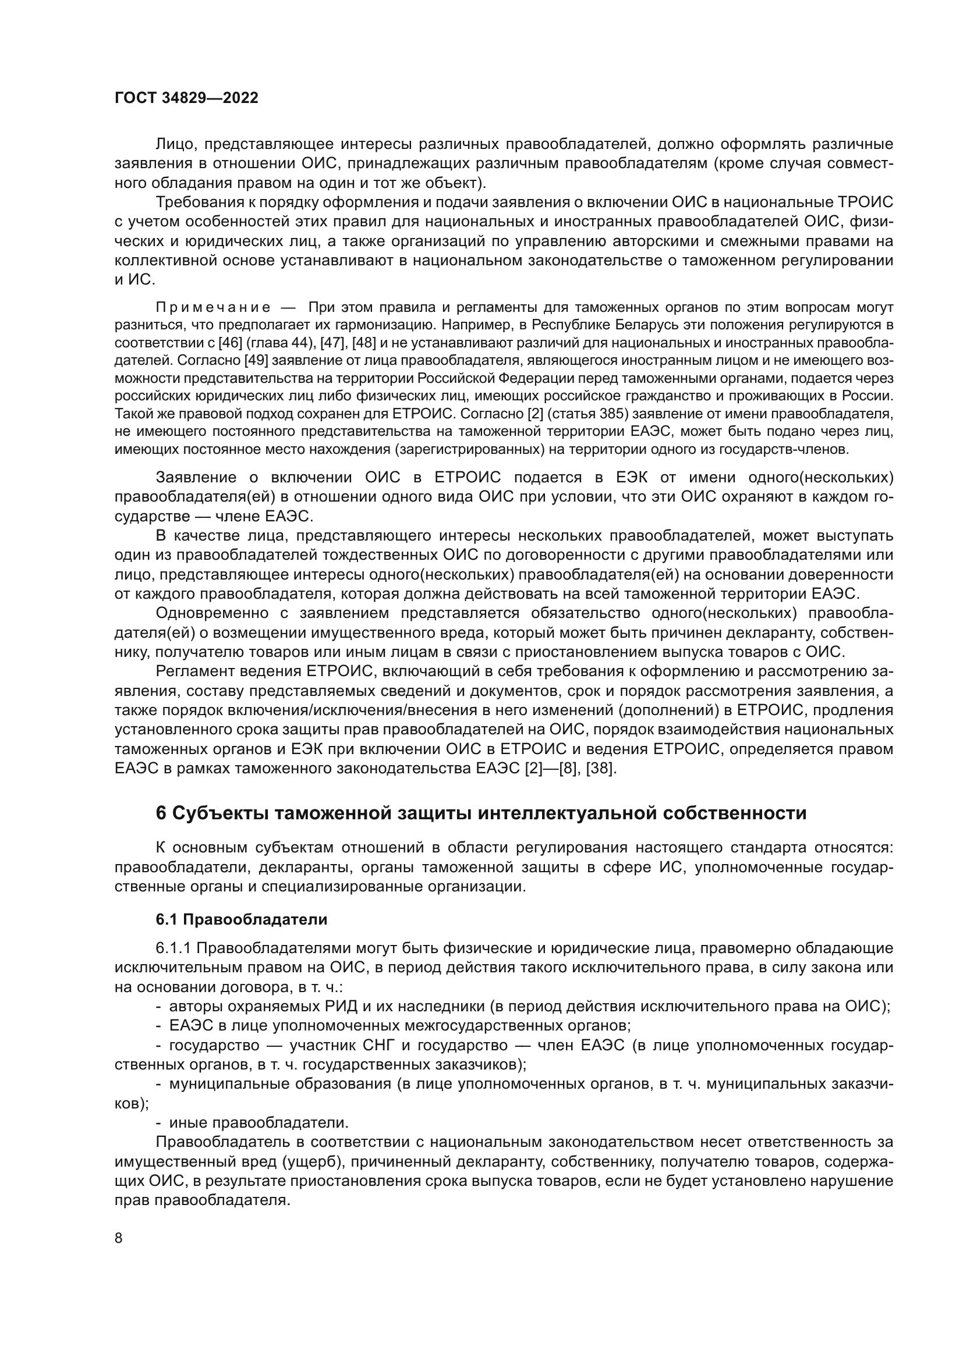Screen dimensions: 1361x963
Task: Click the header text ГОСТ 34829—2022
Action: tap(186, 98)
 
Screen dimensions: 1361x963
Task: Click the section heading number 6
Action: tap(161, 813)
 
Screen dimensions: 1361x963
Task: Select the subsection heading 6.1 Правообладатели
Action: tap(242, 919)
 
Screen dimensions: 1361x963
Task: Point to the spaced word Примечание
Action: tap(214, 307)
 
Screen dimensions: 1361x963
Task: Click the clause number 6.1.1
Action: tap(173, 948)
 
